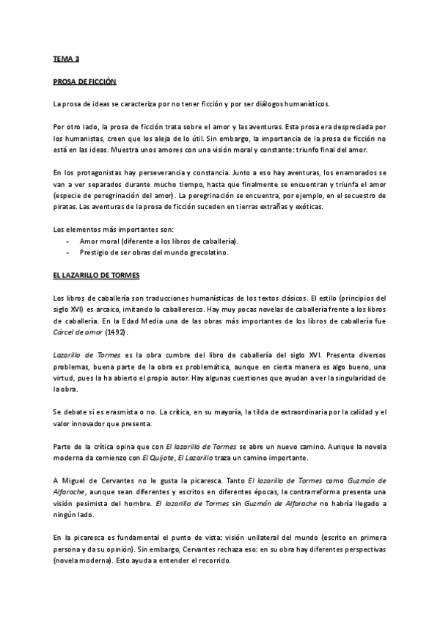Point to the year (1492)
pyautogui.click(x=115, y=332)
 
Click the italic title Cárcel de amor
pyautogui.click(x=78, y=332)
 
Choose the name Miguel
pyautogui.click(x=77, y=481)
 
